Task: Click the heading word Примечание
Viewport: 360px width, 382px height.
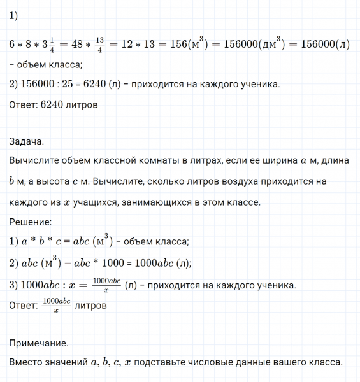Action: [x=39, y=343]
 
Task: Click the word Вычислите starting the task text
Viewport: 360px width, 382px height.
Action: [x=36, y=162]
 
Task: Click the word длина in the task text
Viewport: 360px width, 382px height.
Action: [x=331, y=162]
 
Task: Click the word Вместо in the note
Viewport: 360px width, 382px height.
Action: [x=27, y=363]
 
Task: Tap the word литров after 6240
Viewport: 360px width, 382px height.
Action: [x=81, y=104]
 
